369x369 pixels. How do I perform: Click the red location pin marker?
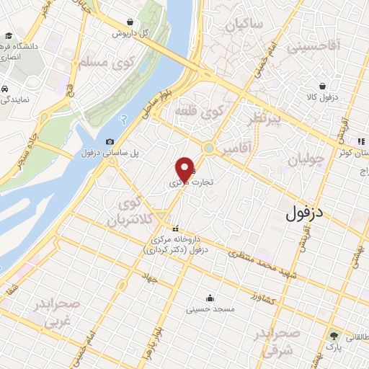[184, 169]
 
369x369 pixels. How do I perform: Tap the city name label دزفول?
[307, 213]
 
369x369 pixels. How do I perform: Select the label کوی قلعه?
[200, 112]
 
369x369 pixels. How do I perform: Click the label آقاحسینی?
[314, 48]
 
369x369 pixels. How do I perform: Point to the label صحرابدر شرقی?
[276, 343]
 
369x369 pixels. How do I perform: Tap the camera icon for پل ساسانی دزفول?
[110, 142]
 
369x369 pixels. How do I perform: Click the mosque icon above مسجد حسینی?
[210, 298]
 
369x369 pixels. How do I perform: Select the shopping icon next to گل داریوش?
[128, 22]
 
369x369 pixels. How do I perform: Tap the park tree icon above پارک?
[334, 336]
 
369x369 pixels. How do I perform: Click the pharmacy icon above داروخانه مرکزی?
[174, 229]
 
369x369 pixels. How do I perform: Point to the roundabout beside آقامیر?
[209, 148]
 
